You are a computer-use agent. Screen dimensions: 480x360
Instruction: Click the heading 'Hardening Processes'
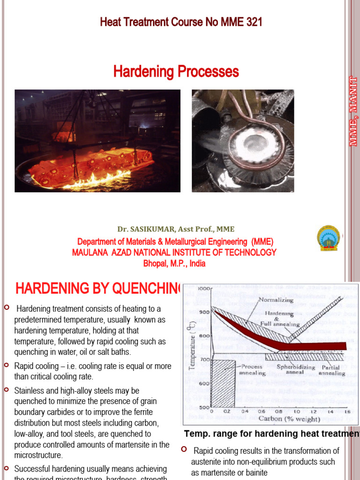coord(176,72)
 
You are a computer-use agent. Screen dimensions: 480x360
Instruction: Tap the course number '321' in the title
coord(253,22)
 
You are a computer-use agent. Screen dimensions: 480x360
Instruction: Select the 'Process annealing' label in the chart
coord(253,370)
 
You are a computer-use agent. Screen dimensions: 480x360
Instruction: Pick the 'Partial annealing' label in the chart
coord(332,370)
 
